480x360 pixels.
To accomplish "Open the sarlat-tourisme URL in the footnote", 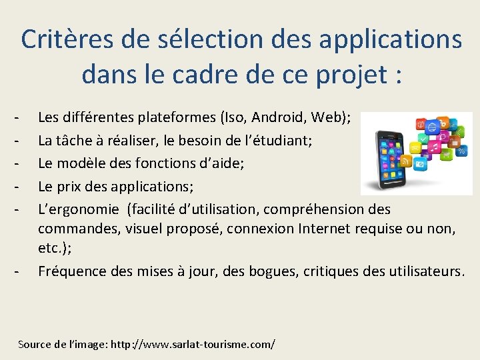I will [193, 345].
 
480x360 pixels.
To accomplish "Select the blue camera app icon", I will [421, 164].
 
